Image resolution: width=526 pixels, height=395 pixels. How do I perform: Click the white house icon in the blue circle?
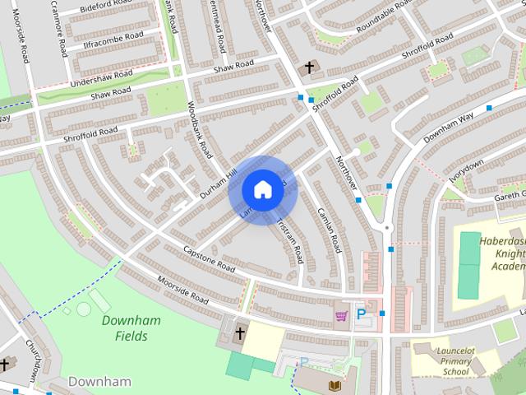262,189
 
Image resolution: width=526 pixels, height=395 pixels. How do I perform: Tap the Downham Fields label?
131,328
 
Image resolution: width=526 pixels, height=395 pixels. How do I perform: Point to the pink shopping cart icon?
340,314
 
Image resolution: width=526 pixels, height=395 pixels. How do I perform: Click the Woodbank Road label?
201,128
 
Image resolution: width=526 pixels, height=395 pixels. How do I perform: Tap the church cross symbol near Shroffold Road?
309,67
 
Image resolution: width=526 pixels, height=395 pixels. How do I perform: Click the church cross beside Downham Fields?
240,333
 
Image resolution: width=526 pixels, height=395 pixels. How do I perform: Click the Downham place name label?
99,381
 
